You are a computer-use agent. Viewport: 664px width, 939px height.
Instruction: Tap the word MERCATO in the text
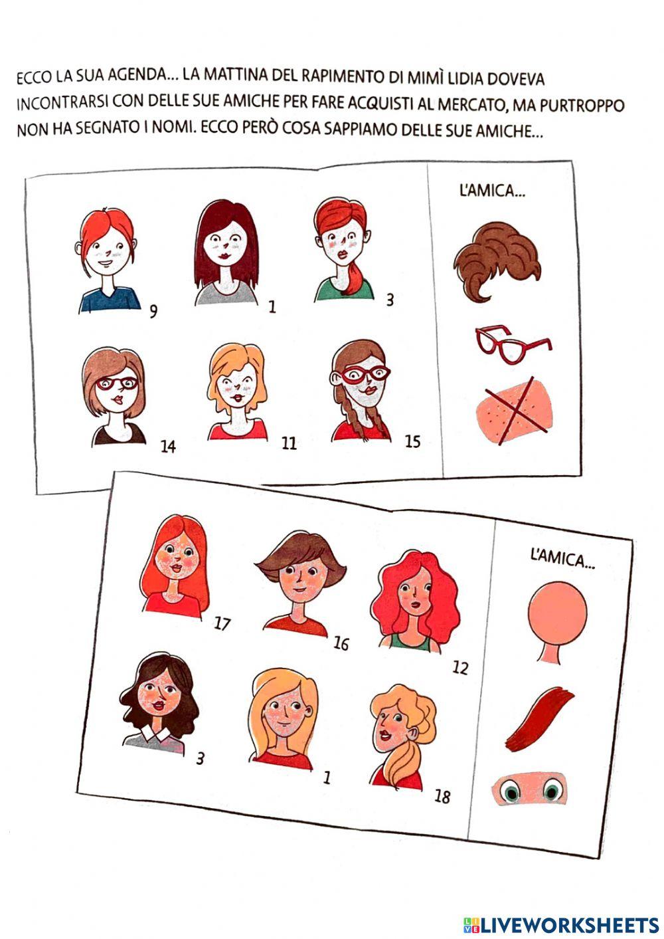(469, 104)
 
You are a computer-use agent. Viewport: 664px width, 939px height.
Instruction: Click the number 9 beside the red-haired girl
(154, 312)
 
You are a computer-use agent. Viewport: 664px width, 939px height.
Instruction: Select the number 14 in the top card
(168, 447)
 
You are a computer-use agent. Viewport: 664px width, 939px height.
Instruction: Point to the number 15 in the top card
(412, 441)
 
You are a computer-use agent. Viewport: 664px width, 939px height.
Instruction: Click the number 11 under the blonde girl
(289, 443)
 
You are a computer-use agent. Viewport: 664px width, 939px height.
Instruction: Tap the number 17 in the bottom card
(222, 624)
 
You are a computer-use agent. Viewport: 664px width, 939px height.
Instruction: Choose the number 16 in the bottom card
(341, 643)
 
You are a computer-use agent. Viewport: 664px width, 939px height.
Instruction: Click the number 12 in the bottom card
(460, 668)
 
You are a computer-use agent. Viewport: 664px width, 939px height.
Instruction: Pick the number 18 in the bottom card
(442, 797)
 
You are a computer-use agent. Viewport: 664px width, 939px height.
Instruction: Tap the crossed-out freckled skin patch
(516, 411)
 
